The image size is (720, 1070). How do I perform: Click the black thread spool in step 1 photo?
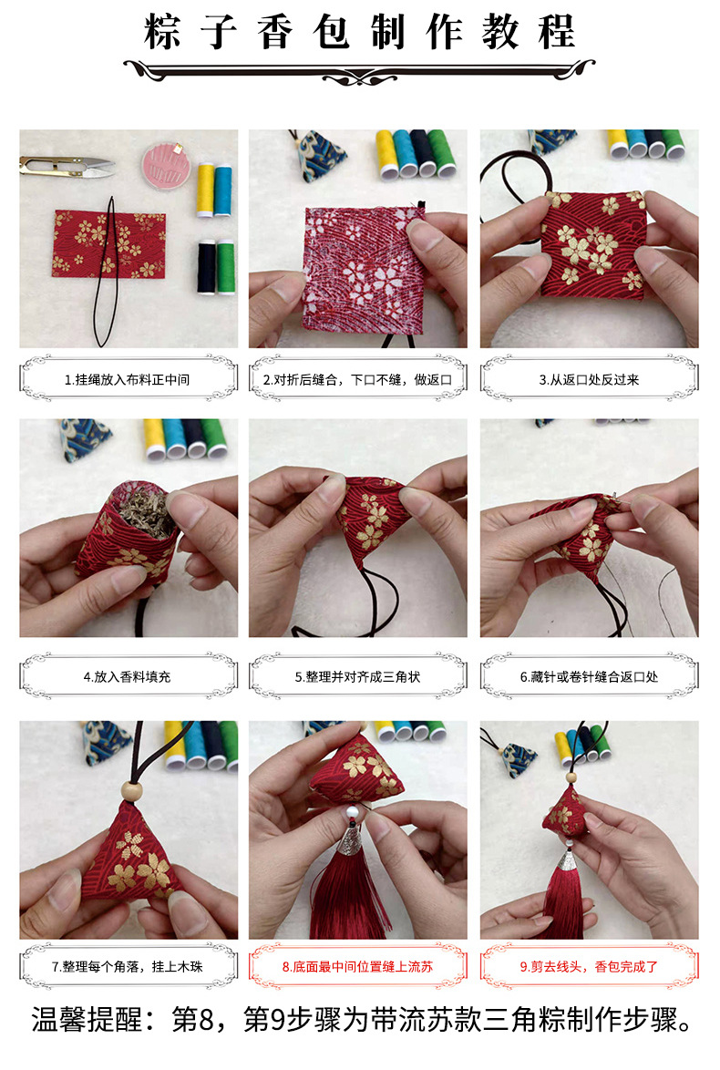205,266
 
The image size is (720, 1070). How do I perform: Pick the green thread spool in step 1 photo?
224,266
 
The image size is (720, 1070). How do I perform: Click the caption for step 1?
128,379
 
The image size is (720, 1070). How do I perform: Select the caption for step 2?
358,379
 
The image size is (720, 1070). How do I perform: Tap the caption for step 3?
589,379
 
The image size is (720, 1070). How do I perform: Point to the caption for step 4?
128,677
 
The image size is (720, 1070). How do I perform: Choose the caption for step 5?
358,677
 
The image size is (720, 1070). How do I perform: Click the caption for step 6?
589,677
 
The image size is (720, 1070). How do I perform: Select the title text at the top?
359,34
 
